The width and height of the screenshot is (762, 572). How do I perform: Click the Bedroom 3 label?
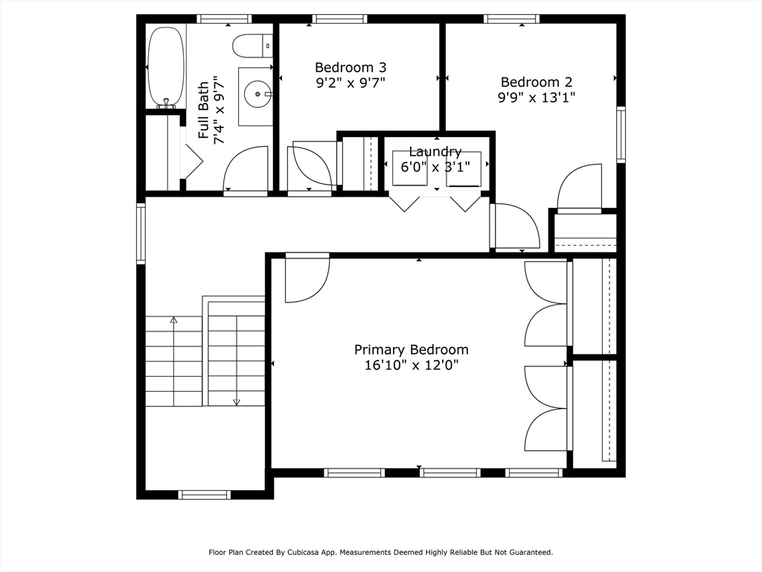click(x=350, y=67)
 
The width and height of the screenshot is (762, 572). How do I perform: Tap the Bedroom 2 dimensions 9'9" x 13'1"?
click(x=536, y=98)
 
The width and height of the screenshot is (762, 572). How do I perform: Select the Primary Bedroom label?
click(x=411, y=350)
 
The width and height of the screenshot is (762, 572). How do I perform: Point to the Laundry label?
click(x=435, y=152)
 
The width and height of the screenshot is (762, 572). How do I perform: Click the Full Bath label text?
click(x=204, y=110)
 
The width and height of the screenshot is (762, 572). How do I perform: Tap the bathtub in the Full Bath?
click(x=166, y=67)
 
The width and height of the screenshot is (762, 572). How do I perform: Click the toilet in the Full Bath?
click(x=252, y=45)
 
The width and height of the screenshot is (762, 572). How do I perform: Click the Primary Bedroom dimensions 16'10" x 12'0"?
click(x=411, y=365)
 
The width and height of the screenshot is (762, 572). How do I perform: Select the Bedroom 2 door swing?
click(x=579, y=188)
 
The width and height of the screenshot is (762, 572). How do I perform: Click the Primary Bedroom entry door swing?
click(x=307, y=279)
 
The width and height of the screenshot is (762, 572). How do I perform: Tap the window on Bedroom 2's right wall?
click(x=621, y=134)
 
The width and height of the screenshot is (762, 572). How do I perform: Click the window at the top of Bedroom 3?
click(x=339, y=19)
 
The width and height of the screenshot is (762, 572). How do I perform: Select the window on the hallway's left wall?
click(x=141, y=233)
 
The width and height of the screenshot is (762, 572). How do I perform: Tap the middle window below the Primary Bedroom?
click(x=450, y=473)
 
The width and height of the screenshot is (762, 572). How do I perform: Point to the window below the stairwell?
click(x=204, y=495)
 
